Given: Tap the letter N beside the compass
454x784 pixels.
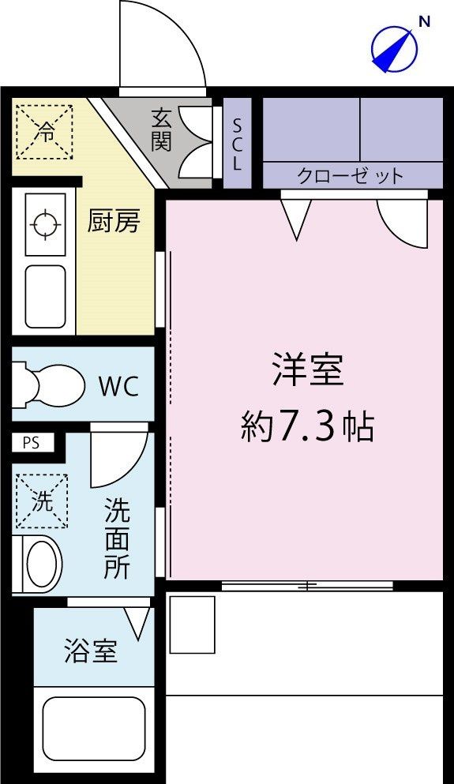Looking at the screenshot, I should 424,22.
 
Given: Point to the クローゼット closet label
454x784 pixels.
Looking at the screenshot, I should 351,175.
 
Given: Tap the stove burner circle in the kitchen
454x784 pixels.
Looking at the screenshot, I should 45,223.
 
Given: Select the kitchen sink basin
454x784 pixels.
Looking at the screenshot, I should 45,296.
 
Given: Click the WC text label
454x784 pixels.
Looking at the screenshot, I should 118,387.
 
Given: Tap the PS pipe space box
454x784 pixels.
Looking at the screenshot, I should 31,443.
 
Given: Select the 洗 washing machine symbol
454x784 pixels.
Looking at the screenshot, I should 42,501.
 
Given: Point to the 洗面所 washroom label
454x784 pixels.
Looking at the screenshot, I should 118,539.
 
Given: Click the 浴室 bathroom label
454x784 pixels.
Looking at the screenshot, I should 91,652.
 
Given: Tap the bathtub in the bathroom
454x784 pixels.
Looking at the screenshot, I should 92,727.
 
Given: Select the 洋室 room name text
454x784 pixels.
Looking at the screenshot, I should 308,369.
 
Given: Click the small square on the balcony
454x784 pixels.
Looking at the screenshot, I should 192,625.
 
